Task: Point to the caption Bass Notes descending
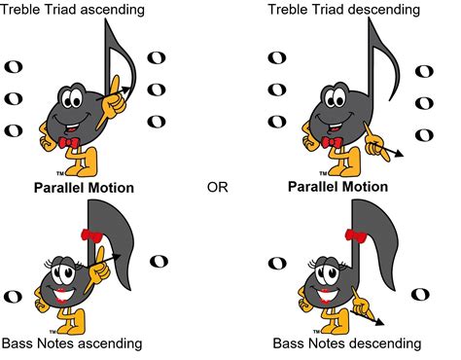tap(346, 343)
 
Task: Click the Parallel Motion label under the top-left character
tap(84, 187)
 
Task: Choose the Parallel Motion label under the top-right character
tap(345, 187)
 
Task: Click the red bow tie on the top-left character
tap(68, 143)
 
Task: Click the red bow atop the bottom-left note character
tap(93, 235)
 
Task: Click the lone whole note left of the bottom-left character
tap(14, 296)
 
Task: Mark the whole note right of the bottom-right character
tap(420, 295)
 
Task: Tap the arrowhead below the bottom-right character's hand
tap(379, 324)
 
